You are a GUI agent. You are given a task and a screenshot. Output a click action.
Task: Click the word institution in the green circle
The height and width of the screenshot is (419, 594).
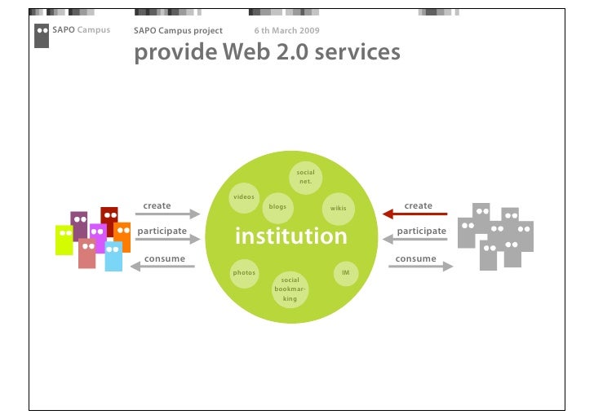[290, 237]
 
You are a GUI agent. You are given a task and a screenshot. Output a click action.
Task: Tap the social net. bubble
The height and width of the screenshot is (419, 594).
[305, 176]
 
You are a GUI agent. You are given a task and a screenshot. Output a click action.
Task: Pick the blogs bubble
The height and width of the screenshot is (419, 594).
[277, 207]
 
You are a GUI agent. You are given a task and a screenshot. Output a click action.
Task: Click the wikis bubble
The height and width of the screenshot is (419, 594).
[338, 209]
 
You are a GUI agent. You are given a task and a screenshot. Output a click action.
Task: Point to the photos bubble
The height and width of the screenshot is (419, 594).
[244, 272]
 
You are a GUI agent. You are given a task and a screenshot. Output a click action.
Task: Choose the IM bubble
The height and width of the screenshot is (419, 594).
[345, 272]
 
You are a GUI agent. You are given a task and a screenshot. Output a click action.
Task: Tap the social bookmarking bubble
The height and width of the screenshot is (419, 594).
[290, 289]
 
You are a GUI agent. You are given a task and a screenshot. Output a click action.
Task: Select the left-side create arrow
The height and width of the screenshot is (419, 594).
[167, 214]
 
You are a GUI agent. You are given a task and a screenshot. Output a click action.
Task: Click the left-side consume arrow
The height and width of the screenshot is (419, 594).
[163, 267]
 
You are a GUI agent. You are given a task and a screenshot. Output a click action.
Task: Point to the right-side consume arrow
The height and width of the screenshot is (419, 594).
[420, 266]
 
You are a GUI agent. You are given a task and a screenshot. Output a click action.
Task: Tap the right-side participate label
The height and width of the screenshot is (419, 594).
[421, 231]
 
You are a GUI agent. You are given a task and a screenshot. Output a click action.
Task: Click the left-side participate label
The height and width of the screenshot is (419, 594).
[162, 231]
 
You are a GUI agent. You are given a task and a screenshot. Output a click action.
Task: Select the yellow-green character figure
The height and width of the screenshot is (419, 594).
[64, 240]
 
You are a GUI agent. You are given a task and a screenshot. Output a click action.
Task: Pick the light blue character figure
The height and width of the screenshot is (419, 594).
[113, 256]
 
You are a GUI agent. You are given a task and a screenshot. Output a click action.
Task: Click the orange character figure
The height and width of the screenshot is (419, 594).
[122, 236]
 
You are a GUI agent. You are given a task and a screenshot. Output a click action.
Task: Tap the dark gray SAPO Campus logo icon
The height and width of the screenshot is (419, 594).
[42, 35]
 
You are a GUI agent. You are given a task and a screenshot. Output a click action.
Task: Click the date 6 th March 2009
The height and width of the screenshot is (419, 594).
[286, 31]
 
